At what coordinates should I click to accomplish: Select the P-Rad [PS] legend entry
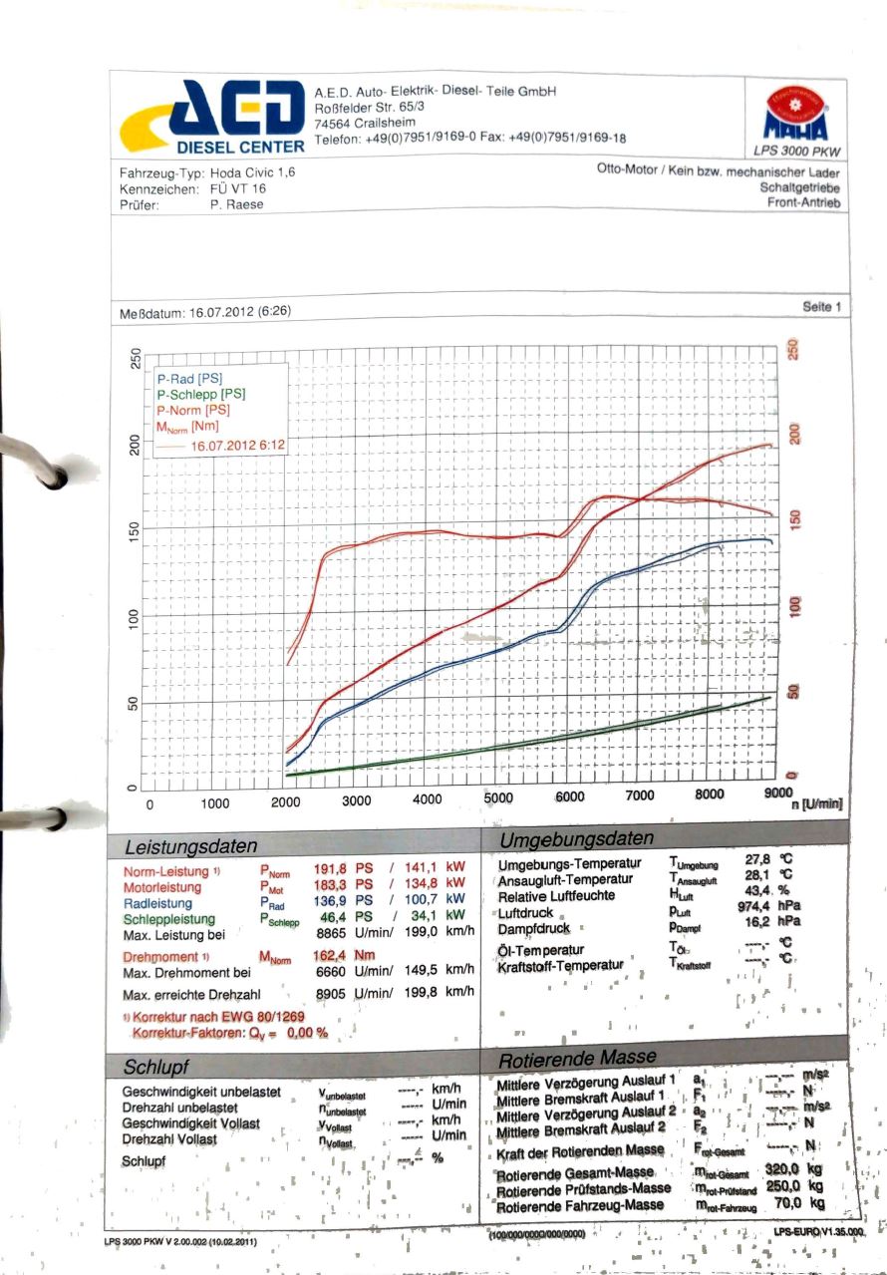(x=189, y=379)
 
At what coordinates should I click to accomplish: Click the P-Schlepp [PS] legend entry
(x=200, y=394)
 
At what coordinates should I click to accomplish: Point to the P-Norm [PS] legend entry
(x=194, y=410)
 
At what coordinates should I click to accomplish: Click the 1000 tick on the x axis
(x=215, y=802)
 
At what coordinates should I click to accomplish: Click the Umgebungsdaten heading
(x=577, y=838)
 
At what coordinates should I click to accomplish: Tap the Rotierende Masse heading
(x=577, y=1057)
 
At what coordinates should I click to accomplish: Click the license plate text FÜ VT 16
(x=238, y=188)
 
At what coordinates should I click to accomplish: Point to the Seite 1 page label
(x=821, y=307)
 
